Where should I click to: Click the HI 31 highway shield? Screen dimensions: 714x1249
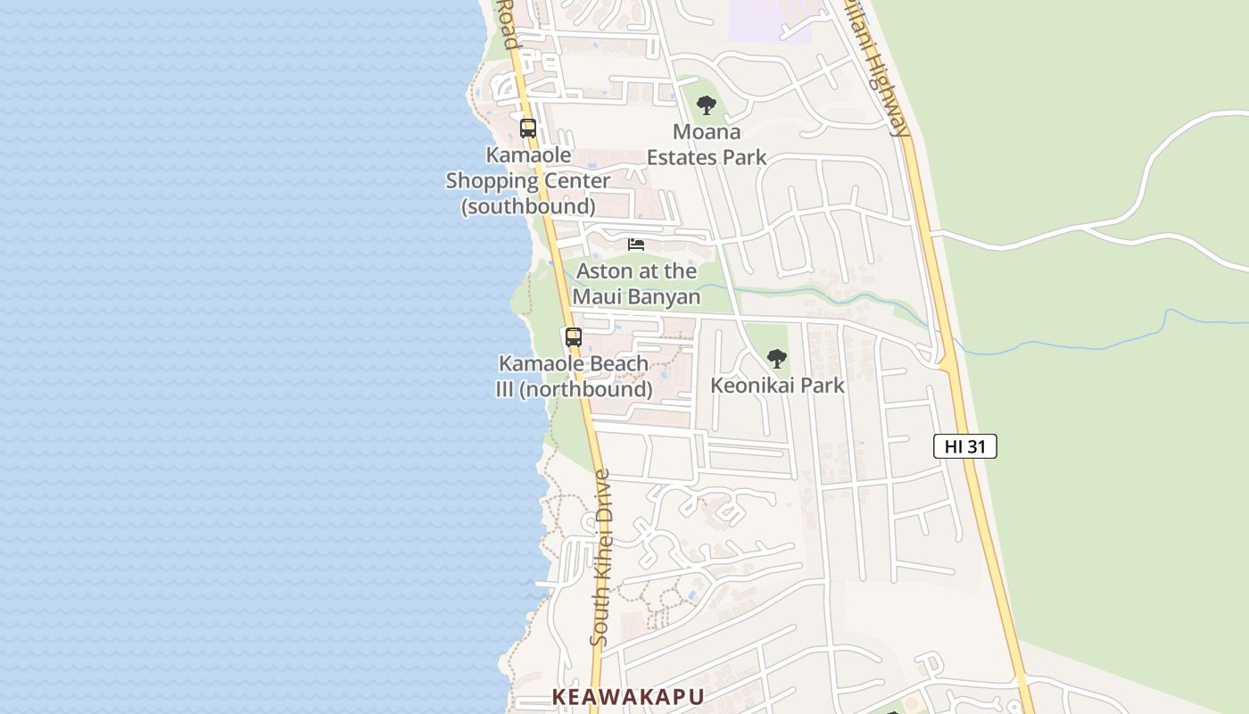964,446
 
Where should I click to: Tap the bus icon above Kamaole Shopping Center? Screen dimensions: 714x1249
528,128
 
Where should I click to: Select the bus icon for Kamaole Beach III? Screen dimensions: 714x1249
573,337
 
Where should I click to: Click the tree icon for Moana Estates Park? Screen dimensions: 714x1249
707,105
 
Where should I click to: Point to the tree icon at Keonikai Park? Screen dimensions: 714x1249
777,359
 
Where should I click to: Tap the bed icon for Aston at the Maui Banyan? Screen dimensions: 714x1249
636,245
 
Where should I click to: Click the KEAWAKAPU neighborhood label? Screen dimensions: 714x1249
628,697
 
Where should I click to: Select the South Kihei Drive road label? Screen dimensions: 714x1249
600,558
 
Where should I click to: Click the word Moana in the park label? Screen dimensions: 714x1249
707,132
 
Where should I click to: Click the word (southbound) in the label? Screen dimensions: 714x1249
528,206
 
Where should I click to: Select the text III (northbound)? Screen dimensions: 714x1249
574,390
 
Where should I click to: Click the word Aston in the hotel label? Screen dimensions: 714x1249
603,270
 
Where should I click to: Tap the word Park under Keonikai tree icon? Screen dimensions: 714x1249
823,386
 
